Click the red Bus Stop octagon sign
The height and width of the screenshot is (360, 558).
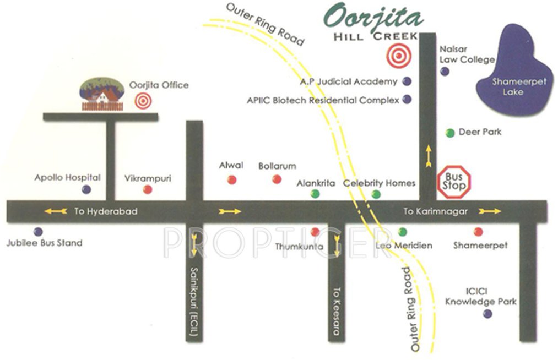(x=454, y=181)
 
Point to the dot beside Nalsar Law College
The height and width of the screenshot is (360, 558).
(x=445, y=71)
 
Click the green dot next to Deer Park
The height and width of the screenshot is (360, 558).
(x=450, y=133)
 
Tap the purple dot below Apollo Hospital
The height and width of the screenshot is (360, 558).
(x=86, y=189)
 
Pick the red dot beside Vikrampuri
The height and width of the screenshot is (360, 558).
(x=147, y=189)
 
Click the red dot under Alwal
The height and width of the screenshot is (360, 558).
(x=232, y=179)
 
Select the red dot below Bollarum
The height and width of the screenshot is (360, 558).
(x=277, y=179)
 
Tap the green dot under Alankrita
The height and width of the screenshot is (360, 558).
(x=315, y=194)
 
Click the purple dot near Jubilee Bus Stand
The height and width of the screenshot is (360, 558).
(x=37, y=232)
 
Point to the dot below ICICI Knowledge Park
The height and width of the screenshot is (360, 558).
(x=487, y=314)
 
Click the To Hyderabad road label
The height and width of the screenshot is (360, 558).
(x=105, y=211)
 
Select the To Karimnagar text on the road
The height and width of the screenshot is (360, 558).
(x=435, y=211)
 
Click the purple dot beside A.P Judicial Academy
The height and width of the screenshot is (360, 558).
(x=407, y=81)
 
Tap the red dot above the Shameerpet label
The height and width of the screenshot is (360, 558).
(x=478, y=232)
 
